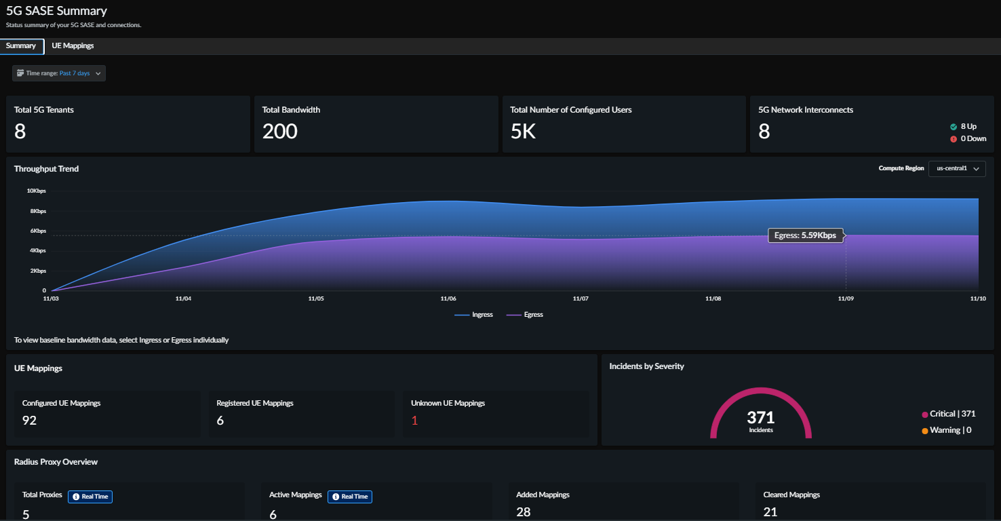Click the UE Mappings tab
pyautogui.click(x=73, y=46)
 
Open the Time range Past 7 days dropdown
pyautogui.click(x=59, y=73)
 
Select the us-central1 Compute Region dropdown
pyautogui.click(x=957, y=168)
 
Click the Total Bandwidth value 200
pyautogui.click(x=280, y=132)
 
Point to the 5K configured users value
pyautogui.click(x=523, y=132)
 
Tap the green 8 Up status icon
pyautogui.click(x=954, y=127)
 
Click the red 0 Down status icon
pyautogui.click(x=954, y=138)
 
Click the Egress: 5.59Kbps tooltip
pyautogui.click(x=806, y=235)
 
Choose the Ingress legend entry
pyautogui.click(x=474, y=315)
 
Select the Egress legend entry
pyautogui.click(x=525, y=315)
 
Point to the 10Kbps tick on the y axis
pyautogui.click(x=37, y=191)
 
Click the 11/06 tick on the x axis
pyautogui.click(x=448, y=298)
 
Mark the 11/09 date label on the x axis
pyautogui.click(x=845, y=298)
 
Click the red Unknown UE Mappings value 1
pyautogui.click(x=414, y=421)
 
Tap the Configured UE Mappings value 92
pyautogui.click(x=29, y=421)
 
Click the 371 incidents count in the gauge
pyautogui.click(x=760, y=417)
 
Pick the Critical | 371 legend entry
pyautogui.click(x=948, y=414)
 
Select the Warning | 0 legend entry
pyautogui.click(x=946, y=430)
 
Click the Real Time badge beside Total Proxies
pyautogui.click(x=90, y=497)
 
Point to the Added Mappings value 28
pyautogui.click(x=523, y=512)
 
